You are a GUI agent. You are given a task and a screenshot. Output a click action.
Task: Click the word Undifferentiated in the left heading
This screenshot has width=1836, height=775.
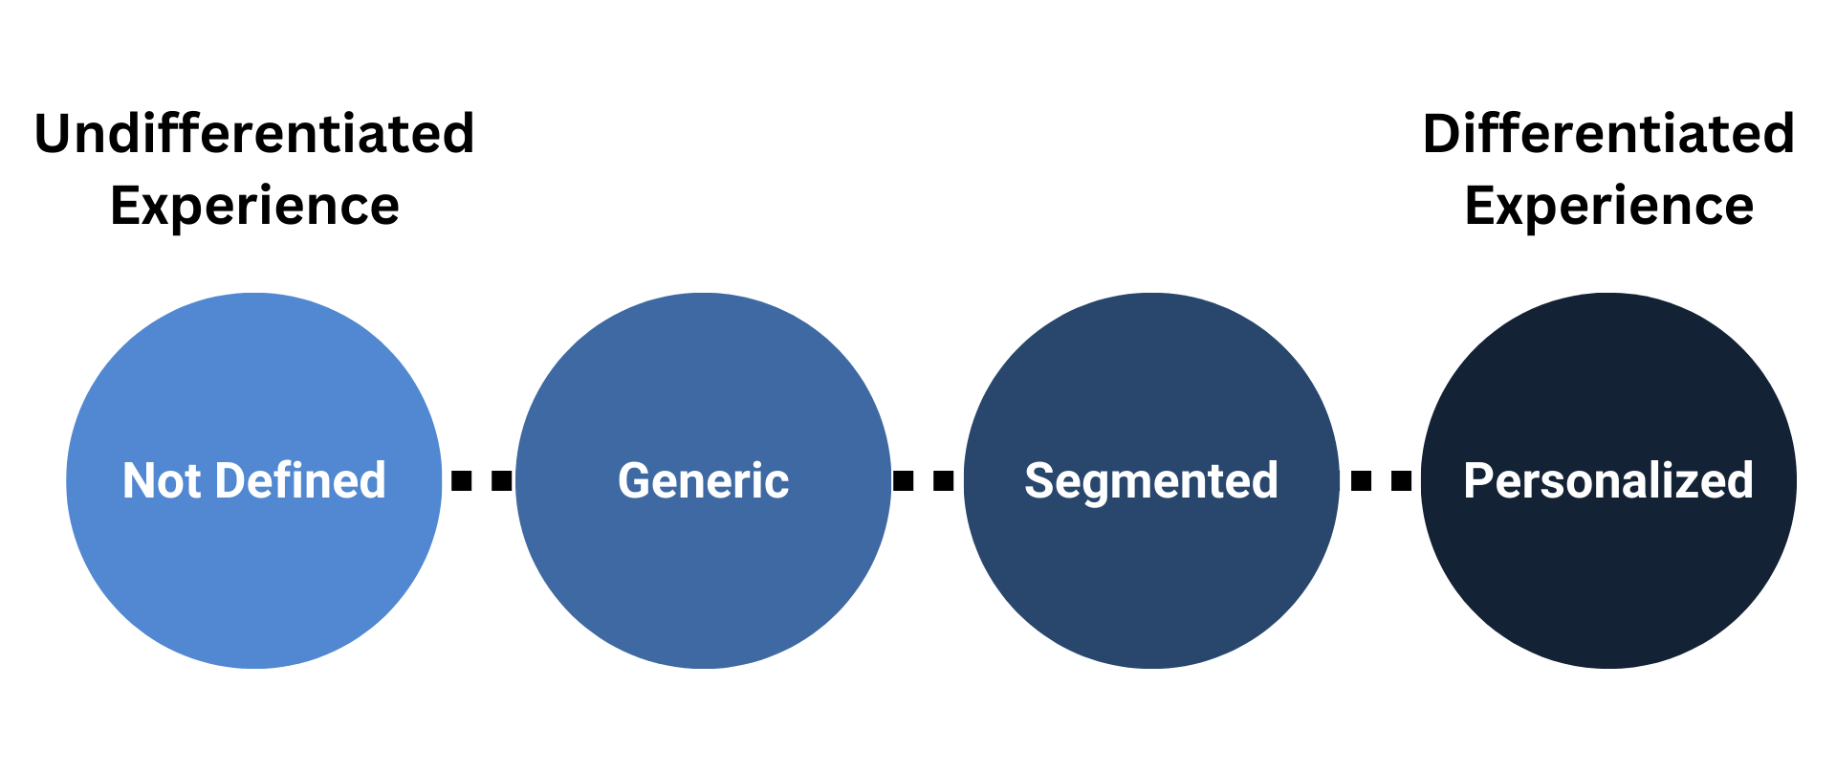pos(254,133)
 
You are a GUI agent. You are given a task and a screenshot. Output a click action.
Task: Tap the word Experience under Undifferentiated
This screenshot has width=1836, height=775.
pos(254,206)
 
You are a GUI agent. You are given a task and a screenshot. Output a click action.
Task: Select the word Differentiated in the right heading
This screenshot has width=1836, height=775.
pos(1608,133)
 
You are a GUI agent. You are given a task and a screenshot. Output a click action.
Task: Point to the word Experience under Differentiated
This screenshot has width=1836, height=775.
pos(1608,206)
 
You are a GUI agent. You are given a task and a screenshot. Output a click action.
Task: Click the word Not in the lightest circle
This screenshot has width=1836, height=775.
pos(161,480)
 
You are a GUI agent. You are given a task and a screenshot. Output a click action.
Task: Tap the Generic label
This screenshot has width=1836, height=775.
pos(703,480)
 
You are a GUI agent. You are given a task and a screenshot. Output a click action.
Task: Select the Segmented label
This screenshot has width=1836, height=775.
pos(1150,480)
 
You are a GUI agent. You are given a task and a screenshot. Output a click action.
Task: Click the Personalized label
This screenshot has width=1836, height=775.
pos(1608,480)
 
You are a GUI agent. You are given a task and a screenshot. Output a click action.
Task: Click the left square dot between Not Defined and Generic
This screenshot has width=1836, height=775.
pos(462,480)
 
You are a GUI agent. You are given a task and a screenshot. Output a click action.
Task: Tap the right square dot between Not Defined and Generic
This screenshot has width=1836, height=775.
pos(502,480)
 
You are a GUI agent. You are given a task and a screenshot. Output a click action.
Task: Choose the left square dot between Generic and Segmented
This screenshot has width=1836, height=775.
pos(903,480)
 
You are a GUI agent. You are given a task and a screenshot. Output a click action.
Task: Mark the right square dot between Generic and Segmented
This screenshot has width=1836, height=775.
pos(944,480)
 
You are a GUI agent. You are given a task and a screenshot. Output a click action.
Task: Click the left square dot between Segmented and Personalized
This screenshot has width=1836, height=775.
pos(1361,480)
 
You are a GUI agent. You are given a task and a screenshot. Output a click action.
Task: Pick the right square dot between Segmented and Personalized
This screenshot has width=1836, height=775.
pos(1402,480)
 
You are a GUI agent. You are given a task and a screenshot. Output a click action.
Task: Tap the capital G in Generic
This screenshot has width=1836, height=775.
pos(634,480)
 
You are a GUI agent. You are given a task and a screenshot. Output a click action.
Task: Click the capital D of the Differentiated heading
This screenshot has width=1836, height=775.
pos(1443,133)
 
